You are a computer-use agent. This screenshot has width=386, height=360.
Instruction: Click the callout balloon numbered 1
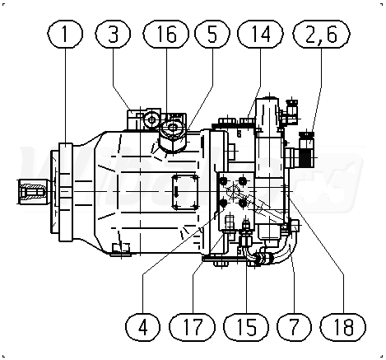point(65,34)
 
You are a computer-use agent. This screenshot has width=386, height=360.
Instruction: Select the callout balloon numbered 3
point(113,34)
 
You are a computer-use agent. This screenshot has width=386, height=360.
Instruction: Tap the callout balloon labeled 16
point(166,34)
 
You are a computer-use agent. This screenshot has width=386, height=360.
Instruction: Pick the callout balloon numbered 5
point(212,34)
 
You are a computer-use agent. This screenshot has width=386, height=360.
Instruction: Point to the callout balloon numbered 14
point(260,34)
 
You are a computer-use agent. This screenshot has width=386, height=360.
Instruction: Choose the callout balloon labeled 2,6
point(322,34)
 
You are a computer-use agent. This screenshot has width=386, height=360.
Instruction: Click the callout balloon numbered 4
point(142,327)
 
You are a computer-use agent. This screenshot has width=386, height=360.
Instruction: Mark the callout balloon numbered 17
point(192,327)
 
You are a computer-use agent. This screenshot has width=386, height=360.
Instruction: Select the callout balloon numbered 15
point(246,327)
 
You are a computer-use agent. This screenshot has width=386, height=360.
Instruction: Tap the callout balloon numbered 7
point(295,327)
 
